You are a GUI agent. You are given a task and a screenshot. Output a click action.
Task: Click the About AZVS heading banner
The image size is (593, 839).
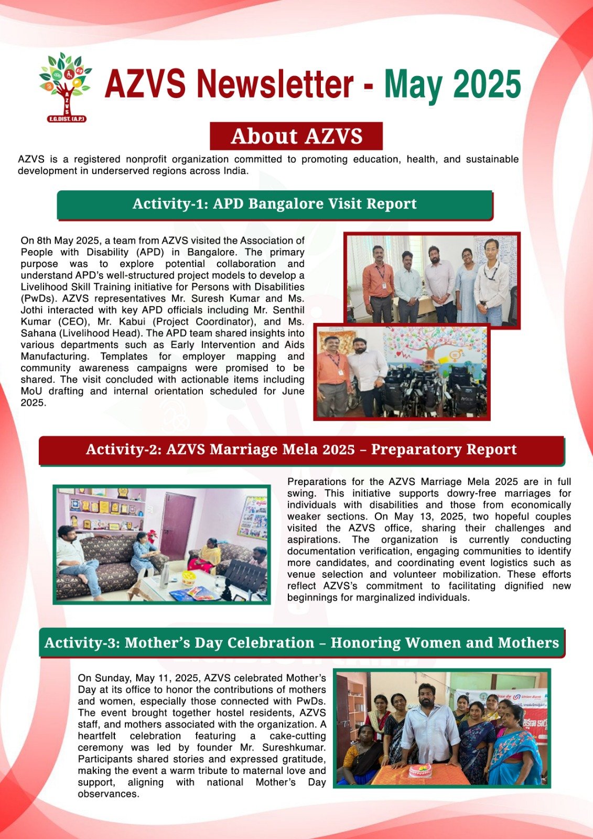pos(296,136)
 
